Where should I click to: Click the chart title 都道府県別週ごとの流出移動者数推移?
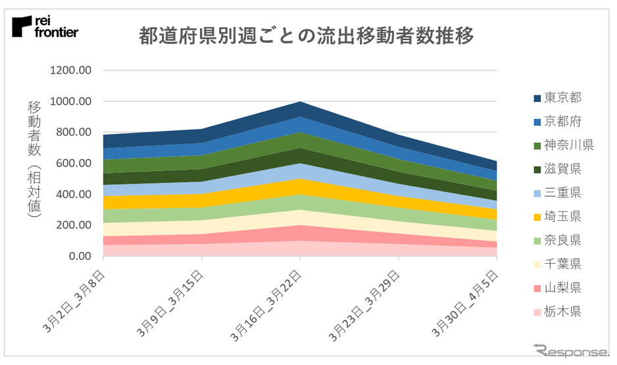pyautogui.click(x=307, y=36)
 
